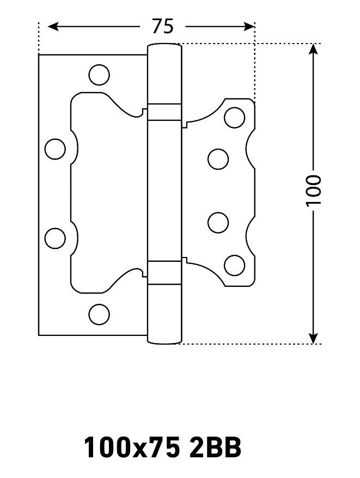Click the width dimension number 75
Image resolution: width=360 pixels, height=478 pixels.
pyautogui.click(x=163, y=26)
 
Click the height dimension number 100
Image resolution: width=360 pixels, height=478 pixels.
pyautogui.click(x=314, y=191)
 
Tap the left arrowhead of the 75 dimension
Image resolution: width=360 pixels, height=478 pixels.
pyautogui.click(x=53, y=27)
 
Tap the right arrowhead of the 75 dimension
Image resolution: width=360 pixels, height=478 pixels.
pyautogui.click(x=249, y=27)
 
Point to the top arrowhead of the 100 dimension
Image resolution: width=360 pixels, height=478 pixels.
pyautogui.click(x=313, y=49)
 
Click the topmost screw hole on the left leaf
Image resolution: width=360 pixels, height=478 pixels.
pyautogui.click(x=99, y=75)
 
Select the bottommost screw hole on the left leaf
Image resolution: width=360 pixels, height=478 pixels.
pyautogui.click(x=99, y=314)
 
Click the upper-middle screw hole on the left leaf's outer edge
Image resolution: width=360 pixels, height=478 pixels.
pyautogui.click(x=55, y=149)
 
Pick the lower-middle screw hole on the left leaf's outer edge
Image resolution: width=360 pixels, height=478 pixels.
pyautogui.click(x=55, y=238)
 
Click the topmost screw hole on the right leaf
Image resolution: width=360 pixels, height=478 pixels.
pyautogui.click(x=235, y=118)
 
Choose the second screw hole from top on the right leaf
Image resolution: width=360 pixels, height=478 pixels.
pyautogui.click(x=218, y=159)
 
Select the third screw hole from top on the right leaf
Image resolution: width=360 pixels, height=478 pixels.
pyautogui.click(x=218, y=223)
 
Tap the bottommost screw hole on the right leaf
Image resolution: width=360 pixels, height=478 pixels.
pyautogui.click(x=235, y=265)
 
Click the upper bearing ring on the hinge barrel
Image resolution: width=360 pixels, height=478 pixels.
pyautogui.click(x=164, y=112)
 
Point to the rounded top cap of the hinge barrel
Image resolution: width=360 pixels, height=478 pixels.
pyautogui.click(x=164, y=49)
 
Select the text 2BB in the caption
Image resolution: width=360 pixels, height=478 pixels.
pyautogui.click(x=215, y=448)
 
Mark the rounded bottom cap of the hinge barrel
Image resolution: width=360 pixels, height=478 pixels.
pyautogui.click(x=164, y=339)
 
